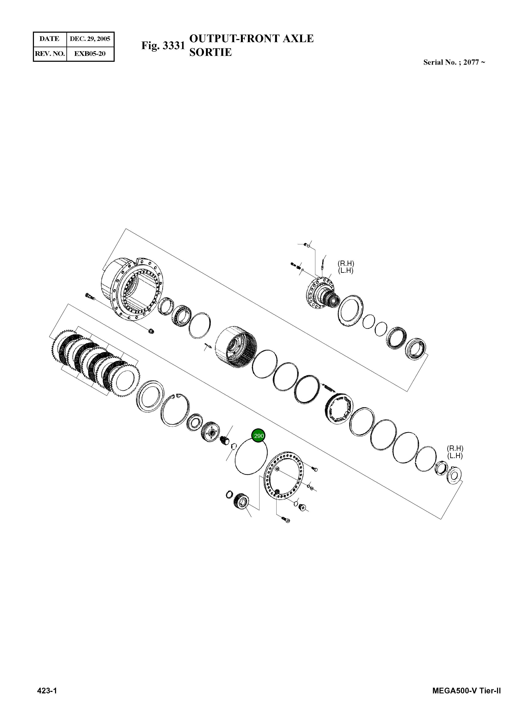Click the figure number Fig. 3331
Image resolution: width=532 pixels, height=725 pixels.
(x=163, y=46)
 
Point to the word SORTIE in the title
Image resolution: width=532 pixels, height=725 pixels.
(x=210, y=52)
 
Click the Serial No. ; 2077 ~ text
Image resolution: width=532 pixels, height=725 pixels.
(x=454, y=62)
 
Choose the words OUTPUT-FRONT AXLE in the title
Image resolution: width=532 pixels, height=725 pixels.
(x=251, y=39)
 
